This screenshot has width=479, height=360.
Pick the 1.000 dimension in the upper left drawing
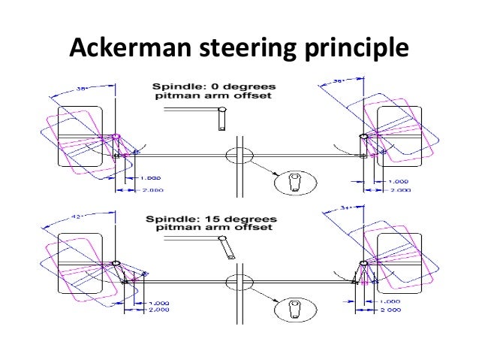coord(150,178)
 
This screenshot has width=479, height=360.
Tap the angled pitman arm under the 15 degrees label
coord(224,247)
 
